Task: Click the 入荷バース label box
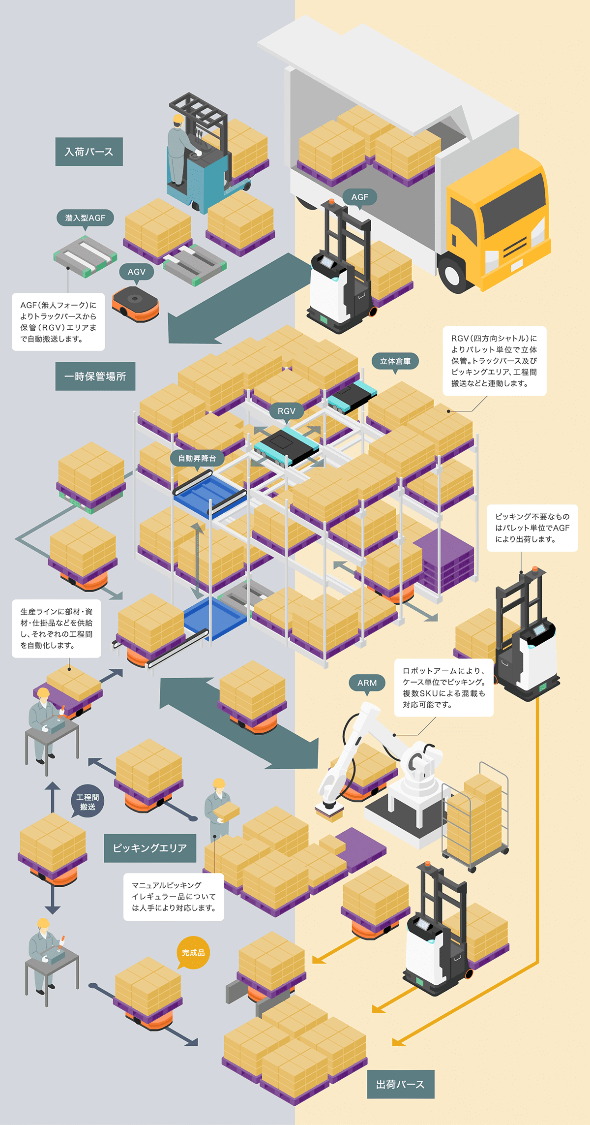pyautogui.click(x=89, y=152)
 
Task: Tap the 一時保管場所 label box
pyautogui.click(x=95, y=376)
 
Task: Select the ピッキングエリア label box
pyautogui.click(x=150, y=848)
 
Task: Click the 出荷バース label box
pyautogui.click(x=401, y=1084)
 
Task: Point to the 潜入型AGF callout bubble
pyautogui.click(x=85, y=218)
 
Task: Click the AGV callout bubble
pyautogui.click(x=137, y=272)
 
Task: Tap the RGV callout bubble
pyautogui.click(x=287, y=411)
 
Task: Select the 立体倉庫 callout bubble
pyautogui.click(x=395, y=361)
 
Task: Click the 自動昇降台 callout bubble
pyautogui.click(x=197, y=458)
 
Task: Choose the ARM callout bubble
pyautogui.click(x=367, y=683)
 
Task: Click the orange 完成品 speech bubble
pyautogui.click(x=193, y=953)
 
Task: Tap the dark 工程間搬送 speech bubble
pyautogui.click(x=88, y=802)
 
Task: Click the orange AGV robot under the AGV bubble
pyautogui.click(x=135, y=302)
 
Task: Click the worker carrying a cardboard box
pyautogui.click(x=218, y=807)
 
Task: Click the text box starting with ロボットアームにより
pyautogui.click(x=443, y=687)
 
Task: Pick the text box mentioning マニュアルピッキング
pyautogui.click(x=174, y=896)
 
